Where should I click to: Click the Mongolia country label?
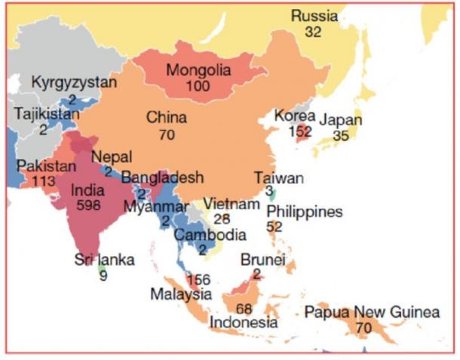[198, 71]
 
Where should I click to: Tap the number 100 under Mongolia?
[198, 87]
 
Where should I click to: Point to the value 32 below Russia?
[314, 32]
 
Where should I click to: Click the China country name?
[167, 118]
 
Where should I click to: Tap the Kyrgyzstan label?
[74, 82]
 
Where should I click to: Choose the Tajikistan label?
[46, 114]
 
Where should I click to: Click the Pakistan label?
[46, 165]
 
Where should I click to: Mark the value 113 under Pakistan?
[44, 180]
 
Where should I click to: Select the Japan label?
[340, 120]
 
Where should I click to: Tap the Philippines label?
[305, 211]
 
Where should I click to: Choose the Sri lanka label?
[104, 260]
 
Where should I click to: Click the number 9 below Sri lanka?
[103, 275]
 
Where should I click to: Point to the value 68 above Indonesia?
[244, 308]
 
